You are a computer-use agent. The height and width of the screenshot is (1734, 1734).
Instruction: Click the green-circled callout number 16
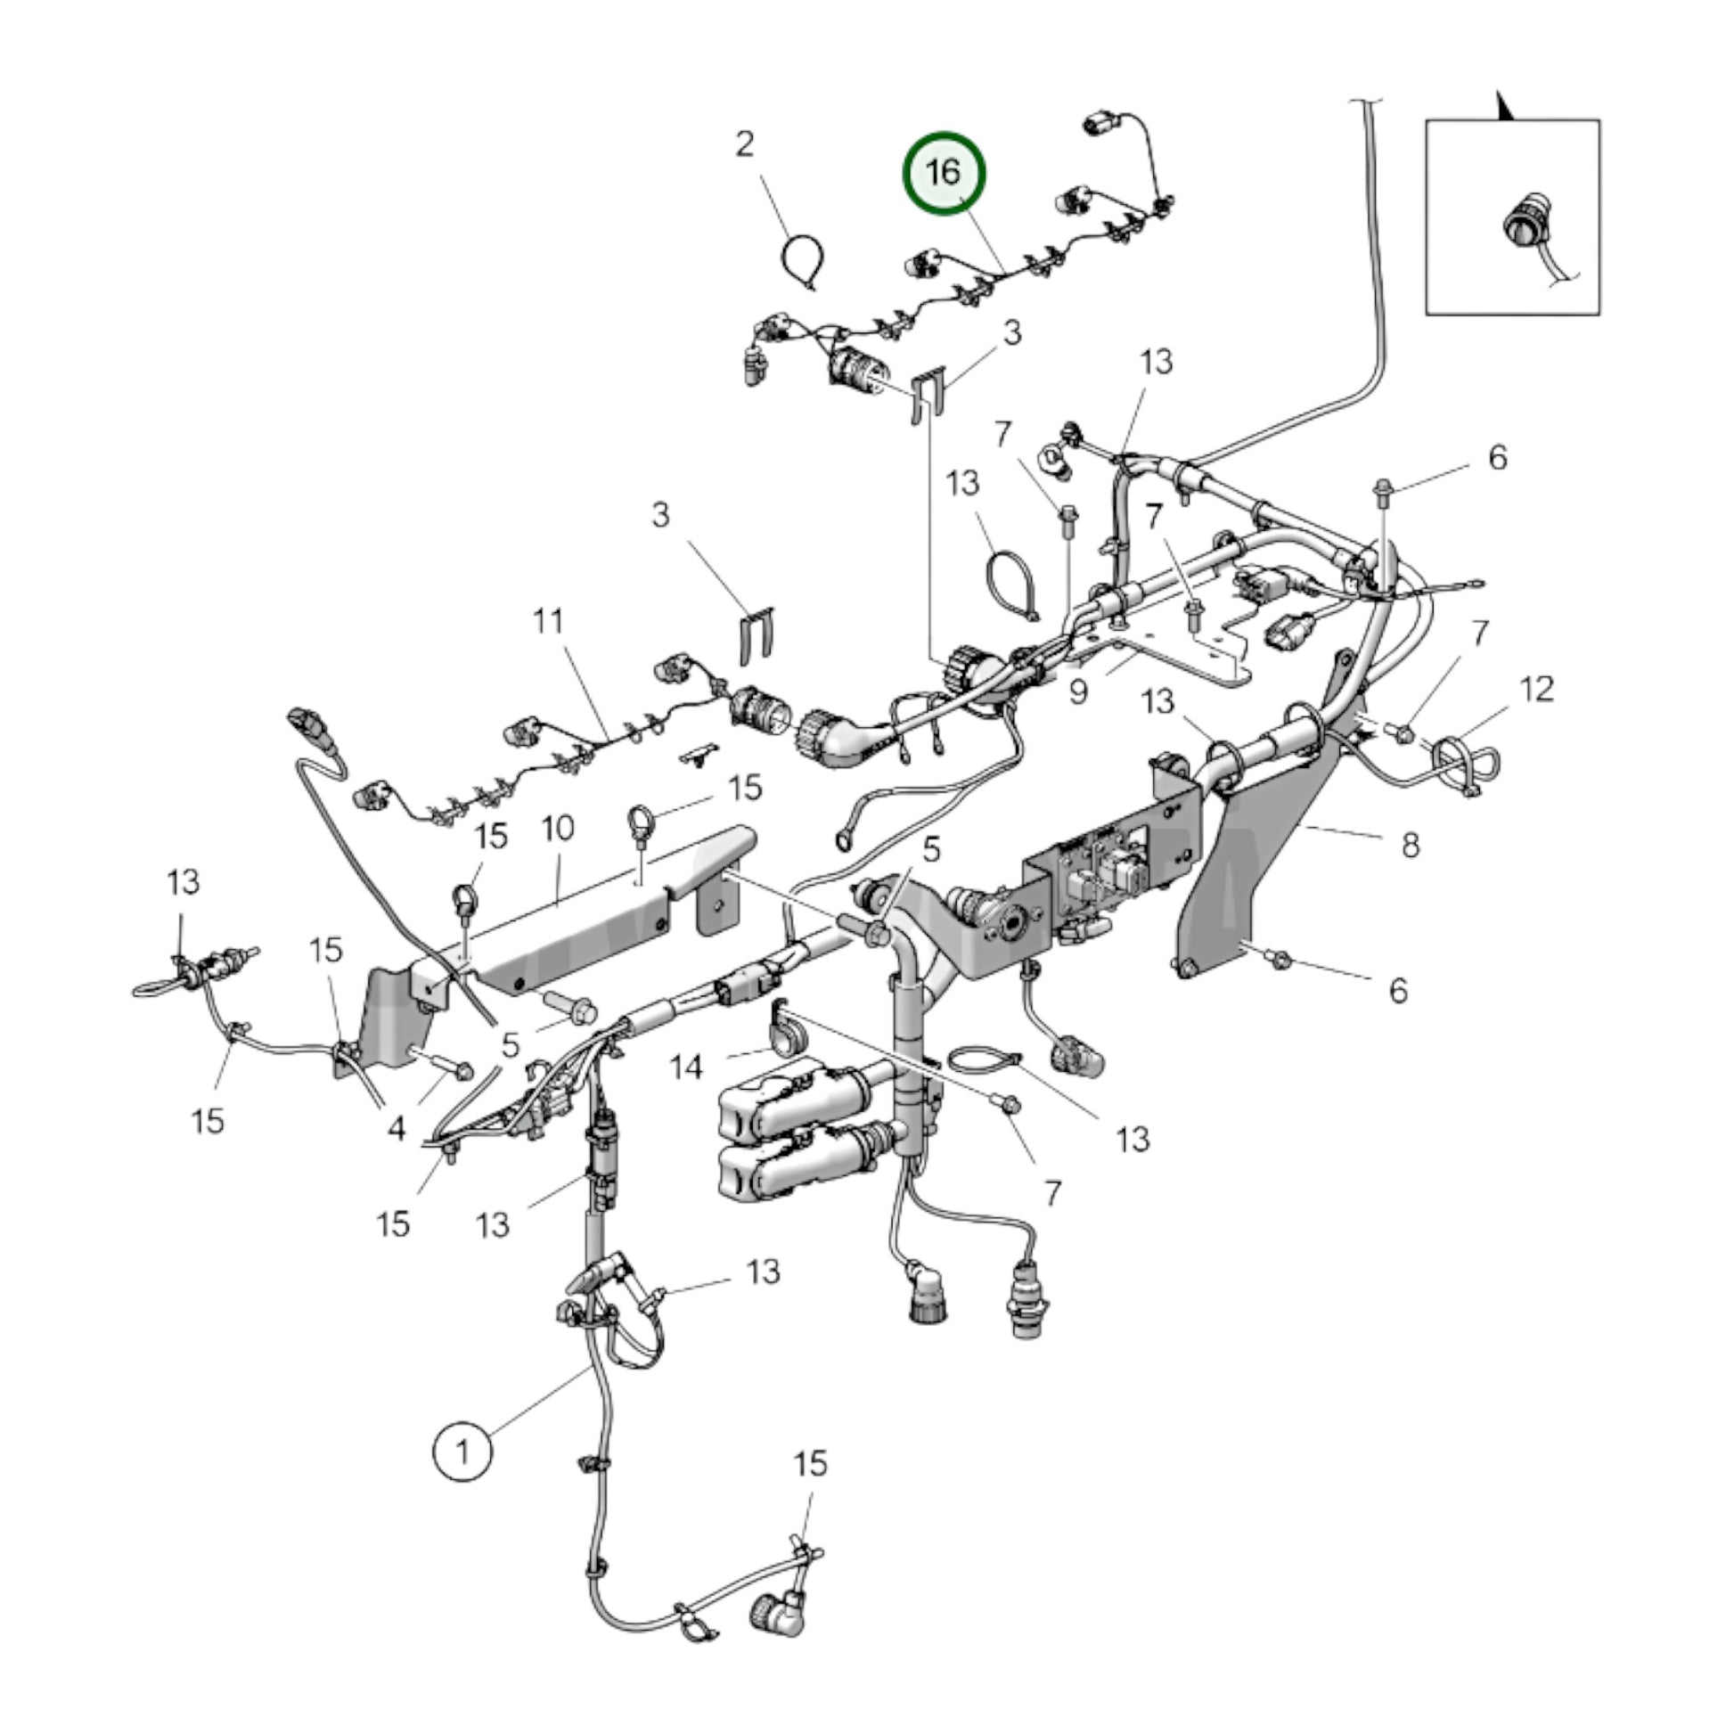(944, 173)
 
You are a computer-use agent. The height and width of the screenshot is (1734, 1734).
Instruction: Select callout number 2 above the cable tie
(745, 144)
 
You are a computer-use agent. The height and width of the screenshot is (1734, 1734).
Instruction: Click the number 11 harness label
(548, 620)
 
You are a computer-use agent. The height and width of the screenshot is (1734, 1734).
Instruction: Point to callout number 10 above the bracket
(558, 827)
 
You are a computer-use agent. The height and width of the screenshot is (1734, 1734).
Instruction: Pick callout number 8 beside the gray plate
(1410, 845)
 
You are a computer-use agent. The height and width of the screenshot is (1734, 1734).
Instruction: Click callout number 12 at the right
(1536, 691)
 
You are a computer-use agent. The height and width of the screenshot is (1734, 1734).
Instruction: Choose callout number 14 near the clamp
(688, 1067)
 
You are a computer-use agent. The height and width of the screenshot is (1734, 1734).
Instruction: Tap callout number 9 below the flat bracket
(1078, 691)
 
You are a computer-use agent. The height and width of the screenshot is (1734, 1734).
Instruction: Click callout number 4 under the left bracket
(397, 1128)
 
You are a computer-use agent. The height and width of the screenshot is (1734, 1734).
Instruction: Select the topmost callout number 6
(1498, 458)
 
